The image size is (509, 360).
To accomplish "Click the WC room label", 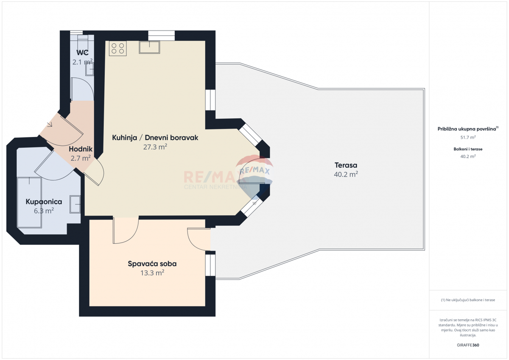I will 82,53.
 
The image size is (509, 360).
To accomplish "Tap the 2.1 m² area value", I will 82,62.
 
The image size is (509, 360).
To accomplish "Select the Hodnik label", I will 81,149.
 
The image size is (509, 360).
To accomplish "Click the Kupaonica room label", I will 44,202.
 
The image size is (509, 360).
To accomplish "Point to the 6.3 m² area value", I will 44,211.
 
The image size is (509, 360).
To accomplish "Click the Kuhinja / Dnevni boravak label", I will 155,138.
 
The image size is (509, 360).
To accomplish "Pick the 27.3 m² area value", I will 155,147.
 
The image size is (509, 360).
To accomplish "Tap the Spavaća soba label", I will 152,264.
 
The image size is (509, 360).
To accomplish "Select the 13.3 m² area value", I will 152,273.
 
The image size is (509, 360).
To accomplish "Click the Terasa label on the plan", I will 346,165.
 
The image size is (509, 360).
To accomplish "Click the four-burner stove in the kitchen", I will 118,48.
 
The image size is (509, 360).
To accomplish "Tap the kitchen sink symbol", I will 149,47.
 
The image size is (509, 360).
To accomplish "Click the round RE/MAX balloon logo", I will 255,172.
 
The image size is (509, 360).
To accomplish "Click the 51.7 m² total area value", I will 468,137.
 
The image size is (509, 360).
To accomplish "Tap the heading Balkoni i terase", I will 468,149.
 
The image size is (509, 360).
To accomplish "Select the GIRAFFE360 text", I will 468,345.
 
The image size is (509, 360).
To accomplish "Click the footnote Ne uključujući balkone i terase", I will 468,300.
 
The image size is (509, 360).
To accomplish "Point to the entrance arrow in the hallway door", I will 50,125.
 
